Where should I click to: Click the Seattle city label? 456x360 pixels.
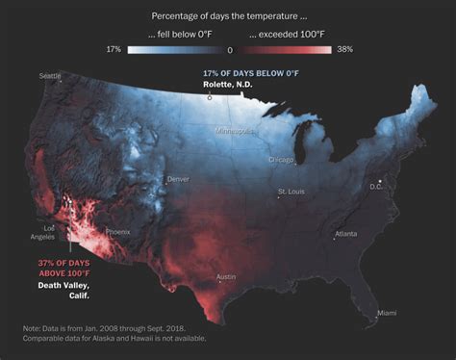49,75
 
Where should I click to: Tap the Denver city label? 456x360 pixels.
179,179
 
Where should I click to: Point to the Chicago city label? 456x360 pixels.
282,160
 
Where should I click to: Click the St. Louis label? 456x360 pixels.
291,193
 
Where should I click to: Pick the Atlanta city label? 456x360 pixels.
346,234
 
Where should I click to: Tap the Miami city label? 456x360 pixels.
386,313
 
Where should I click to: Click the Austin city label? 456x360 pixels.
227,277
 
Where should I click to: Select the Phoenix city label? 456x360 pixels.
117,232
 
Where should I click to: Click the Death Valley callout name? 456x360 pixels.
63,285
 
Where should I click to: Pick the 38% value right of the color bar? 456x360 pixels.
344,49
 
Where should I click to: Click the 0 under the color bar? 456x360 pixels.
229,50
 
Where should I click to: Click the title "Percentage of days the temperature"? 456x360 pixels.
227,15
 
